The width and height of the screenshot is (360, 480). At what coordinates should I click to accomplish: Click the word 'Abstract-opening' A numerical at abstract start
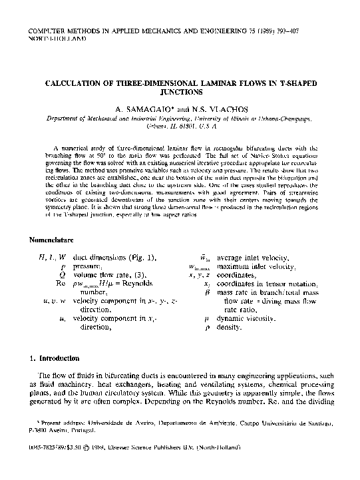(x=73, y=145)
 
